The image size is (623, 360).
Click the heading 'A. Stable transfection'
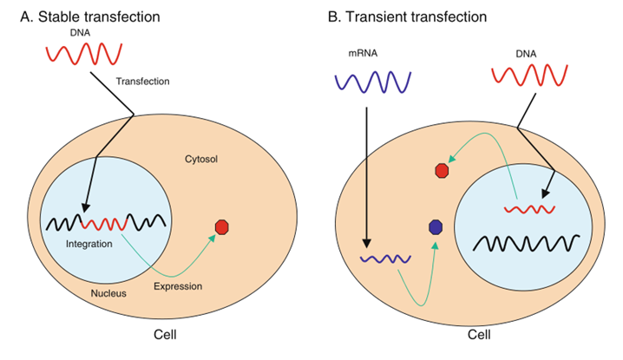click(90, 17)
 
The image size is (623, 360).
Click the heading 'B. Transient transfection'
click(407, 17)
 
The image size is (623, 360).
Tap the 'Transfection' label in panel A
click(142, 82)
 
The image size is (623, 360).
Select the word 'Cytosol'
click(201, 160)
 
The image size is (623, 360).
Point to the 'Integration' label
click(89, 244)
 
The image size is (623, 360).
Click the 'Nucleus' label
click(108, 294)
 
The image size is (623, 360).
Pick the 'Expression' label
click(178, 286)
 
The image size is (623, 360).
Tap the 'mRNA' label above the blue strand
click(363, 53)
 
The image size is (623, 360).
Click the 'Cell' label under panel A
click(165, 335)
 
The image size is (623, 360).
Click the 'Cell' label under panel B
click(479, 335)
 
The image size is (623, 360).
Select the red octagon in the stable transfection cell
click(222, 227)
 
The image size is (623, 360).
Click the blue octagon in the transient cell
click(436, 227)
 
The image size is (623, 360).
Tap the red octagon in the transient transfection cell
click(442, 171)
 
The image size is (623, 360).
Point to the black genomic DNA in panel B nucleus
click(525, 243)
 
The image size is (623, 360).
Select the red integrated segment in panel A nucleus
click(104, 224)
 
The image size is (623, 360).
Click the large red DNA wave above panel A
click(84, 54)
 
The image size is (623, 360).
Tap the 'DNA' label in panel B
click(526, 54)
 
